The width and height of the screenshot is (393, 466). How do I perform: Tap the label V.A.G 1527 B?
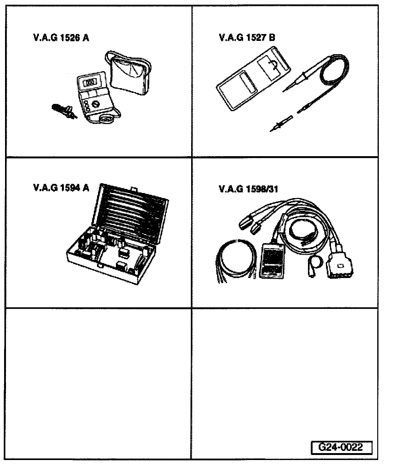tap(247, 38)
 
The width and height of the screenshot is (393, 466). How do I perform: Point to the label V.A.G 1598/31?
tap(248, 189)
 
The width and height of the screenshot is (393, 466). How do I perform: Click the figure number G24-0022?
tap(341, 447)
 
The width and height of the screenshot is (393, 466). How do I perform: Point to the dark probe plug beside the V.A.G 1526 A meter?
tap(63, 111)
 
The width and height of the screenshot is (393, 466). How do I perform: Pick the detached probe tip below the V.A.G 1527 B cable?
tap(281, 123)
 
